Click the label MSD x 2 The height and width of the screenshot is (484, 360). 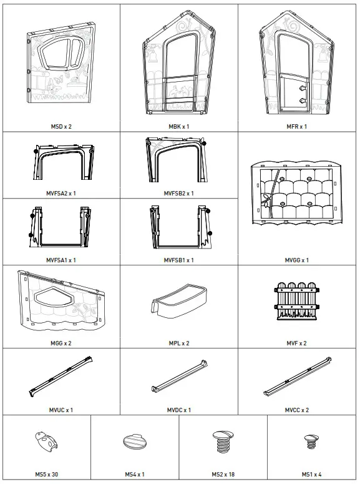(61, 126)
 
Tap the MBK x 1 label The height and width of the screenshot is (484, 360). (179, 126)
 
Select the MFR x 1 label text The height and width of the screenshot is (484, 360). (298, 126)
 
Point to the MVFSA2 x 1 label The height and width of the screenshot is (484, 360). (61, 193)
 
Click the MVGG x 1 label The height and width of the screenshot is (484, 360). (298, 260)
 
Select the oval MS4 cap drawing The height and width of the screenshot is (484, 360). (134, 440)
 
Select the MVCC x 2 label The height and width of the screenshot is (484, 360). (298, 410)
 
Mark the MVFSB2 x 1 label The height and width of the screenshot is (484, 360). (179, 193)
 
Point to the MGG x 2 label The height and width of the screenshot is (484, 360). (61, 343)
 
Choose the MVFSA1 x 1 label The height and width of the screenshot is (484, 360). (61, 260)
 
